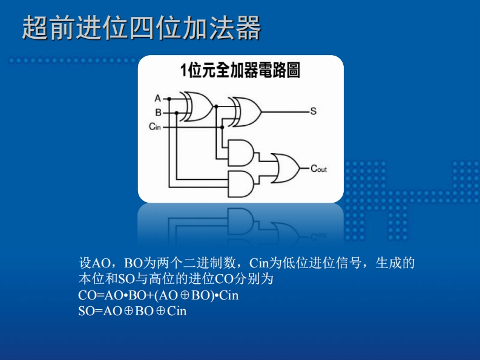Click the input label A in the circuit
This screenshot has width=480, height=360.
(x=158, y=98)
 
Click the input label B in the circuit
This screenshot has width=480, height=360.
(x=158, y=112)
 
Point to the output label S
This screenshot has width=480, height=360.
(x=314, y=111)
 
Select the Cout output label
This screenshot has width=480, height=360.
(x=318, y=169)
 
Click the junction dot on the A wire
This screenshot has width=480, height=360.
(x=169, y=98)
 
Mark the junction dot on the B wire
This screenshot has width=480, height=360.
(x=177, y=112)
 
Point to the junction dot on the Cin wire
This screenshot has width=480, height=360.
(x=223, y=127)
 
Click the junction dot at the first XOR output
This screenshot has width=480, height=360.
(x=216, y=105)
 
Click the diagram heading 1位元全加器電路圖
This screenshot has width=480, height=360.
(x=240, y=71)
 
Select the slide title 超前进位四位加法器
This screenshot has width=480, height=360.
(x=142, y=28)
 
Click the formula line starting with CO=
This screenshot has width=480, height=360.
(x=159, y=296)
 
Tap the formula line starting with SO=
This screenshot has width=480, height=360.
(x=133, y=311)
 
